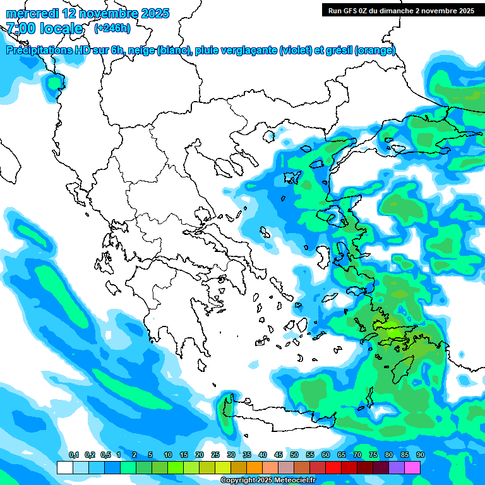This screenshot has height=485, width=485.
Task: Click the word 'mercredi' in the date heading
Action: pos(32,13)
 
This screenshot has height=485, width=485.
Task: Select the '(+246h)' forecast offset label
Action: pos(112,28)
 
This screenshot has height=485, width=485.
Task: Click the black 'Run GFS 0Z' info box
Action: pos(401,10)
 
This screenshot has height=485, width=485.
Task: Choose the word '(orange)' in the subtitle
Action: pos(375,51)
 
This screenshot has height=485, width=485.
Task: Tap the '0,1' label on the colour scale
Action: pos(73,455)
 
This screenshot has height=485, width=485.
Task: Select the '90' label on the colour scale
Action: pos(420,455)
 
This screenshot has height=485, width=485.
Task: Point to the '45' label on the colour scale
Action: pos(278,455)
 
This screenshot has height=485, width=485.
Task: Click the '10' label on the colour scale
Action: pos(168,455)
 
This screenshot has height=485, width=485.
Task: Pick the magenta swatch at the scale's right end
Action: pos(412,467)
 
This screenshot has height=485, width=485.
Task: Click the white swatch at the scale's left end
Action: pos(65,467)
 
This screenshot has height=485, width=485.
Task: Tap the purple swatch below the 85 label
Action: pos(397,467)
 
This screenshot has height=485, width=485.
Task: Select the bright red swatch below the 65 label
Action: pos(333,467)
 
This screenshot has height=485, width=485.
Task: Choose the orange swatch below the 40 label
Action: pos(254,467)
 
